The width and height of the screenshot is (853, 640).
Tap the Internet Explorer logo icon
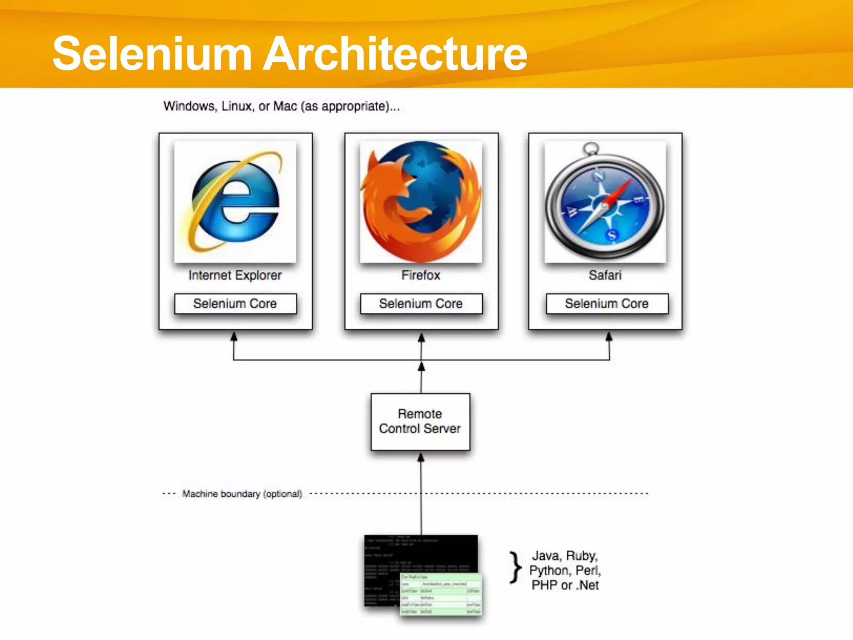coord(235,202)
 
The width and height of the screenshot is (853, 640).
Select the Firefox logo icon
coord(421,202)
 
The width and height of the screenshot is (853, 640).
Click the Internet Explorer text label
coord(235,275)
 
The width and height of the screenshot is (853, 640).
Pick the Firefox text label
coord(421,275)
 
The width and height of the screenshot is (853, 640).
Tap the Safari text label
coord(605,275)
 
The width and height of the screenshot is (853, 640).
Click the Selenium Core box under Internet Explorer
coord(235,304)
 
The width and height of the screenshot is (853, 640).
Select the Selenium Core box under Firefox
coord(421,304)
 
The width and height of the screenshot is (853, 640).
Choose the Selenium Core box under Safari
coord(607,304)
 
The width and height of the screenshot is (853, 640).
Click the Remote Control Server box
coord(420,422)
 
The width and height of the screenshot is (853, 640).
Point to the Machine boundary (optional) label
coord(242,494)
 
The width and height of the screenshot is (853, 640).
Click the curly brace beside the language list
coord(516,567)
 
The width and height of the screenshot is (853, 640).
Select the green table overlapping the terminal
coord(441,594)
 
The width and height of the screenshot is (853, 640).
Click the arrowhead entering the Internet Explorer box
coord(234,336)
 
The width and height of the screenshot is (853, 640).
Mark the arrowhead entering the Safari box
coord(609,336)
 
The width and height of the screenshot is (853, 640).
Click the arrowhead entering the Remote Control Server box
coord(421,457)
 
